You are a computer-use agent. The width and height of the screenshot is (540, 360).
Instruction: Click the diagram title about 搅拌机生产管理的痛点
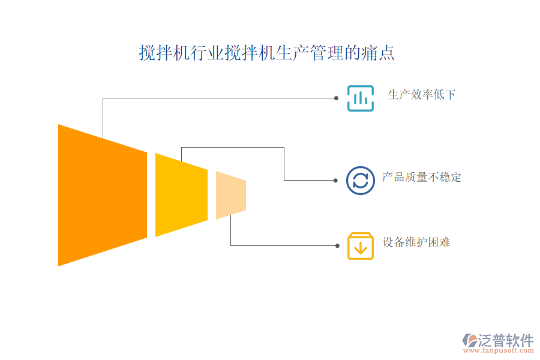(x=266, y=53)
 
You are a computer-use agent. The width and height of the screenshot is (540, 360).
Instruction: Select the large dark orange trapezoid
(x=103, y=195)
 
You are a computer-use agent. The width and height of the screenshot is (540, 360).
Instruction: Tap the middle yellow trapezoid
(x=181, y=195)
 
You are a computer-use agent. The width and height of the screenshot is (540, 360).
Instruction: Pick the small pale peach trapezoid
(x=231, y=195)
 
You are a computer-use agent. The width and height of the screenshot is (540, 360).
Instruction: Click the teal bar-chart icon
(x=360, y=98)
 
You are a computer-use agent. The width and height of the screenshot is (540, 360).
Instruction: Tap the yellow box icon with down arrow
(x=360, y=246)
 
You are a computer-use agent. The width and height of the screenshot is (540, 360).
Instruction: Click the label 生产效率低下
(x=422, y=94)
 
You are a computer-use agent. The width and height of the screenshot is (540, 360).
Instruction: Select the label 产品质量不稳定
(x=422, y=178)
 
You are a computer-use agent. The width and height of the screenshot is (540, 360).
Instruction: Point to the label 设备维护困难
(x=416, y=242)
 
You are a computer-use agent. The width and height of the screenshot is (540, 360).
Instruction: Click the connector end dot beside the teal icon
(x=336, y=98)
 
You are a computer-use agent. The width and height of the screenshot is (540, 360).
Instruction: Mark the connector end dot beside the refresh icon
(x=335, y=181)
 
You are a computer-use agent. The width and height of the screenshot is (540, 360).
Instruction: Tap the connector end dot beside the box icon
(x=337, y=246)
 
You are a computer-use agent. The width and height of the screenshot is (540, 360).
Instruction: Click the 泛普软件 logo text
(x=506, y=340)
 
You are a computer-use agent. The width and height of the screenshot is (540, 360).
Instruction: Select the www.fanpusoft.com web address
(x=498, y=350)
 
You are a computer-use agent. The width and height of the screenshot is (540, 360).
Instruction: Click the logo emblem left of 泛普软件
(x=469, y=340)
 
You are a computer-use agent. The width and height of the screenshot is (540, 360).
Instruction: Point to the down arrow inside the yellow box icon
(x=360, y=248)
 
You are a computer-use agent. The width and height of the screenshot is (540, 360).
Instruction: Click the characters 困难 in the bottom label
(x=439, y=242)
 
